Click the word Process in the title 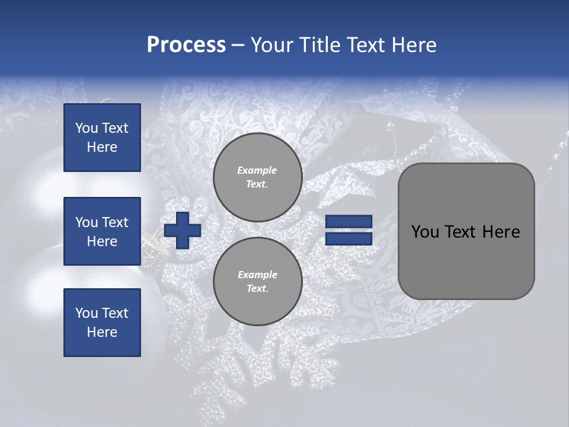(x=186, y=45)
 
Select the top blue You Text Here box (x=102, y=138)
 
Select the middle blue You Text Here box (x=102, y=231)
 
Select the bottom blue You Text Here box (x=102, y=323)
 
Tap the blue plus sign (x=183, y=231)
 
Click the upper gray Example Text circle (x=257, y=177)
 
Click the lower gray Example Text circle (x=257, y=282)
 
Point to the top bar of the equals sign (x=349, y=222)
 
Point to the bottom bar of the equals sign (x=349, y=238)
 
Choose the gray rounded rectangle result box (x=466, y=231)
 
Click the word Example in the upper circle (x=257, y=170)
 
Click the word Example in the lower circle (x=257, y=275)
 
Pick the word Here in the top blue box (x=102, y=147)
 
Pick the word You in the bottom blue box (x=87, y=313)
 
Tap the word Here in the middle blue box (x=102, y=241)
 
